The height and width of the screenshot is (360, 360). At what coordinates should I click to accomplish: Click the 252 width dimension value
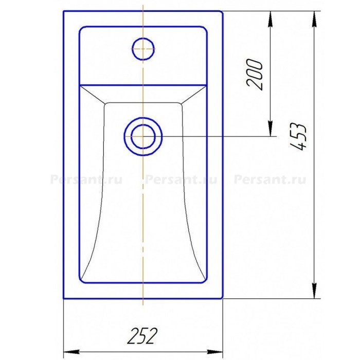pyautogui.click(x=143, y=336)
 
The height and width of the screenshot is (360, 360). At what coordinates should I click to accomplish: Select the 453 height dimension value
pyautogui.click(x=298, y=137)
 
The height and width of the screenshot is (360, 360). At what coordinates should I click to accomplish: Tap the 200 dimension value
pyautogui.click(x=254, y=75)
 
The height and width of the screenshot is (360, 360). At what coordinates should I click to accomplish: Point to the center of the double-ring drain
pyautogui.click(x=143, y=136)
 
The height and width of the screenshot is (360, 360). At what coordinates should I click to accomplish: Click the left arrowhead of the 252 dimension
pyautogui.click(x=71, y=352)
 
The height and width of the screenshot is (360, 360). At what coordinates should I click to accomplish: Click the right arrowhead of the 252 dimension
pyautogui.click(x=215, y=352)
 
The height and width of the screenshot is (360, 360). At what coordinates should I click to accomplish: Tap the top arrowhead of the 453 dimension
pyautogui.click(x=314, y=20)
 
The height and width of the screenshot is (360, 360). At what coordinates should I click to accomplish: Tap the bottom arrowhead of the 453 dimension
pyautogui.click(x=314, y=291)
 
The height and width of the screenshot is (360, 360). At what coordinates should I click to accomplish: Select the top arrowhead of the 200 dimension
pyautogui.click(x=271, y=20)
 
